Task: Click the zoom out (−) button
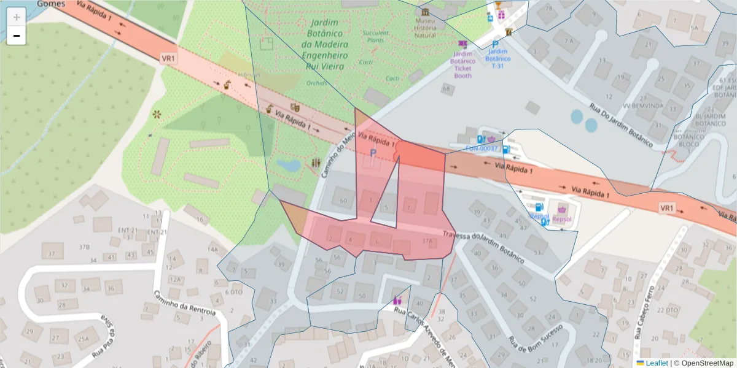click(x=17, y=36)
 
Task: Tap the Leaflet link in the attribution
click(x=657, y=363)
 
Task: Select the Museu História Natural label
click(x=424, y=28)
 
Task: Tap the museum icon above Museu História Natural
click(x=425, y=12)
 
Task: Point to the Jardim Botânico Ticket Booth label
click(x=462, y=61)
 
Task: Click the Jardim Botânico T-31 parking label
click(x=497, y=59)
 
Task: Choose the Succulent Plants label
click(x=376, y=36)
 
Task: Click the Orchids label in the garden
click(x=317, y=83)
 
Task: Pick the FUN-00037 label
click(x=482, y=148)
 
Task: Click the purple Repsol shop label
click(x=561, y=218)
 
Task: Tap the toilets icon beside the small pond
click(x=316, y=163)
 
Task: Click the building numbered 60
click(x=343, y=201)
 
